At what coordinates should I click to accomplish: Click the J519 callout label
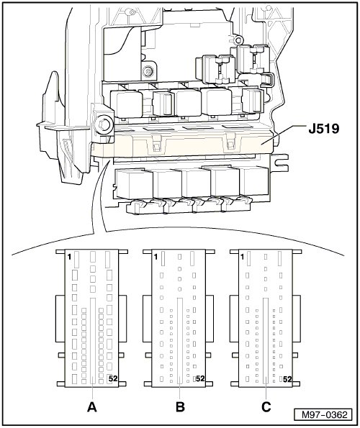pos(324,129)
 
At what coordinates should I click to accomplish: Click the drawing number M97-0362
pos(324,415)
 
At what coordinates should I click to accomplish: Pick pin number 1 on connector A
pos(69,257)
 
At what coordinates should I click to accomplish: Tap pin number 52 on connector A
pos(113,378)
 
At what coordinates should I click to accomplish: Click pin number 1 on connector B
pos(156,257)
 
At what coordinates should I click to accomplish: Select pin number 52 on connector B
pos(200,378)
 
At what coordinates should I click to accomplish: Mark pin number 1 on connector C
pos(243,257)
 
